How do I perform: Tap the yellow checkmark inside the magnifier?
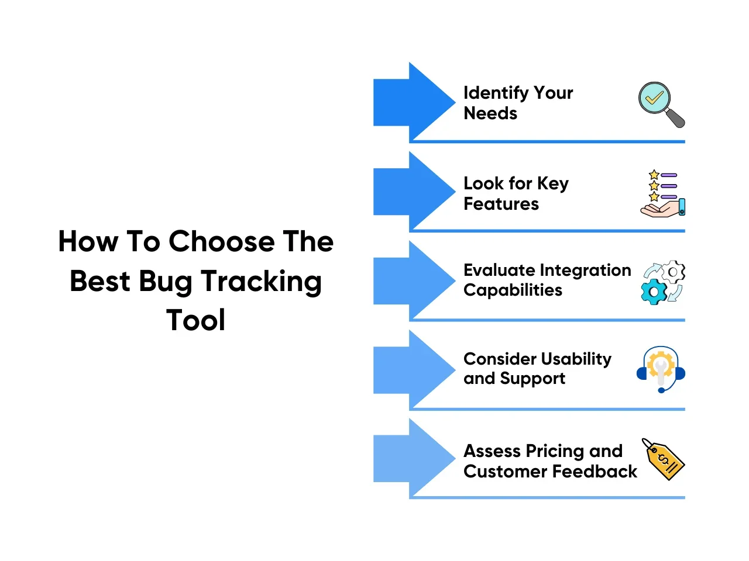pos(654,98)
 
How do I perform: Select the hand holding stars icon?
pos(662,193)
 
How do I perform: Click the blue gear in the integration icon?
pos(654,292)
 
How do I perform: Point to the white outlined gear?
pos(673,272)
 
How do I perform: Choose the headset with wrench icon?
pos(661,369)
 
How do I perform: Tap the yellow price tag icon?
pos(663,459)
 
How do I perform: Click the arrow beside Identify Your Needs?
pos(414,102)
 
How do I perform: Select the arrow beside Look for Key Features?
pos(414,191)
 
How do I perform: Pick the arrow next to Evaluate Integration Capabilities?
pos(414,280)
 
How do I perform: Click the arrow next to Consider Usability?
pos(414,369)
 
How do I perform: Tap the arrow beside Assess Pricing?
pos(414,458)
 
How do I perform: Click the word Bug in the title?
pos(166,283)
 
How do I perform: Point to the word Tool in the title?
pos(195,320)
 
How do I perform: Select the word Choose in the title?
pos(222,241)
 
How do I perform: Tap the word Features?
pos(501,204)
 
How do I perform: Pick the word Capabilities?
pos(513,290)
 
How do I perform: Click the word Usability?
pos(576,360)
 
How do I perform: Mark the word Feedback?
pos(595,472)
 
